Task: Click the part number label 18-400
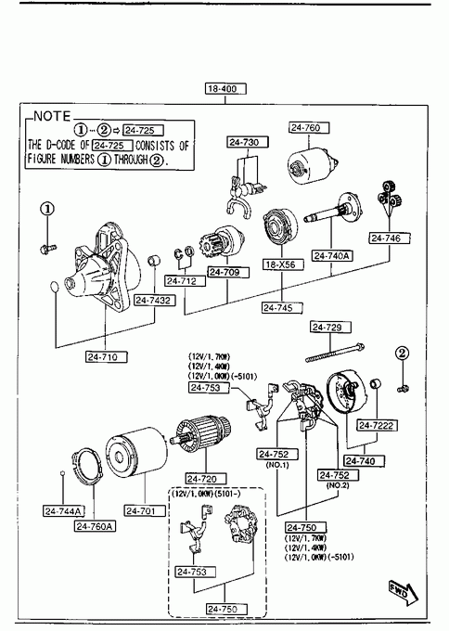coord(225,88)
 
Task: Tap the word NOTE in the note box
coord(52,116)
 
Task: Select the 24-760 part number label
coord(309,128)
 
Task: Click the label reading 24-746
coord(390,238)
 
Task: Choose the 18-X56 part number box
coord(283,264)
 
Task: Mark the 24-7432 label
coord(155,301)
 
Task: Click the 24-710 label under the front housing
coord(107,357)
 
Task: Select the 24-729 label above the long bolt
coord(330,328)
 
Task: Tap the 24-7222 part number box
coord(377,425)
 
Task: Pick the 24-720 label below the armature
coord(206,479)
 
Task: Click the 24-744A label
coord(64,511)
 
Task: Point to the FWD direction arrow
coord(404,593)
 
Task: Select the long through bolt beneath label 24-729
coord(335,353)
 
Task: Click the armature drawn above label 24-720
coord(200,433)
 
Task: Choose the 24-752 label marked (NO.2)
coord(339,475)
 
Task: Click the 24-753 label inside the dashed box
coord(196,572)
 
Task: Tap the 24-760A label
coord(95,526)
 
